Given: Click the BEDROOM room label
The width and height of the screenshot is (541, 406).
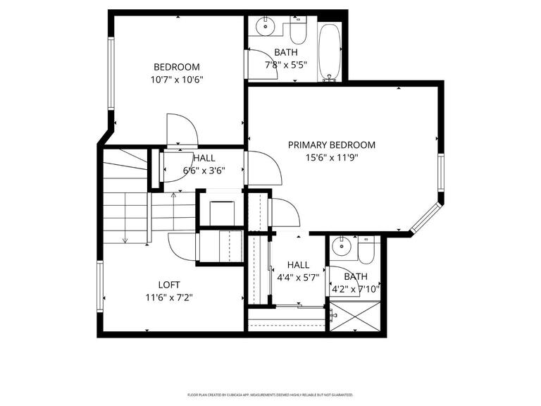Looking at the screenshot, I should coord(177,67).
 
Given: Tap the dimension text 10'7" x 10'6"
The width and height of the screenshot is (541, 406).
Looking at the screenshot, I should coord(177,80).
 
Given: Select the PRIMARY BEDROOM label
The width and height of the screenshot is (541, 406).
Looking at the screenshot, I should coord(331,144).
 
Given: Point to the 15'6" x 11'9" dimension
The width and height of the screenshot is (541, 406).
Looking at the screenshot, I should coord(331,158).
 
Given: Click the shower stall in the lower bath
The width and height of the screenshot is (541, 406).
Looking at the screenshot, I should coord(356,316).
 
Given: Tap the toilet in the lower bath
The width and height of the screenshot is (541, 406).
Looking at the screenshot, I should coord(367,250).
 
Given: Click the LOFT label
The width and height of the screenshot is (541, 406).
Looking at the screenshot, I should coord(168,285).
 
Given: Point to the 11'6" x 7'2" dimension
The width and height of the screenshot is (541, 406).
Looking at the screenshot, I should coord(168,297).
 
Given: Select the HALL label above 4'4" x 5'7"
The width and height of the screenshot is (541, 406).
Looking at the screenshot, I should coord(298,264).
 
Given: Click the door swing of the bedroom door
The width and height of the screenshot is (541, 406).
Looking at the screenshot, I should coord(182,130).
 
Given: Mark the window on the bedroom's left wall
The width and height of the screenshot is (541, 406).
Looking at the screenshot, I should coord(111,73).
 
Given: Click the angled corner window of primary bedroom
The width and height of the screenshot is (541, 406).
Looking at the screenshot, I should coord(425,219).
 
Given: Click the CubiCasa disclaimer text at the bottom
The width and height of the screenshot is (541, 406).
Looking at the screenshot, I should coord(270,395).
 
